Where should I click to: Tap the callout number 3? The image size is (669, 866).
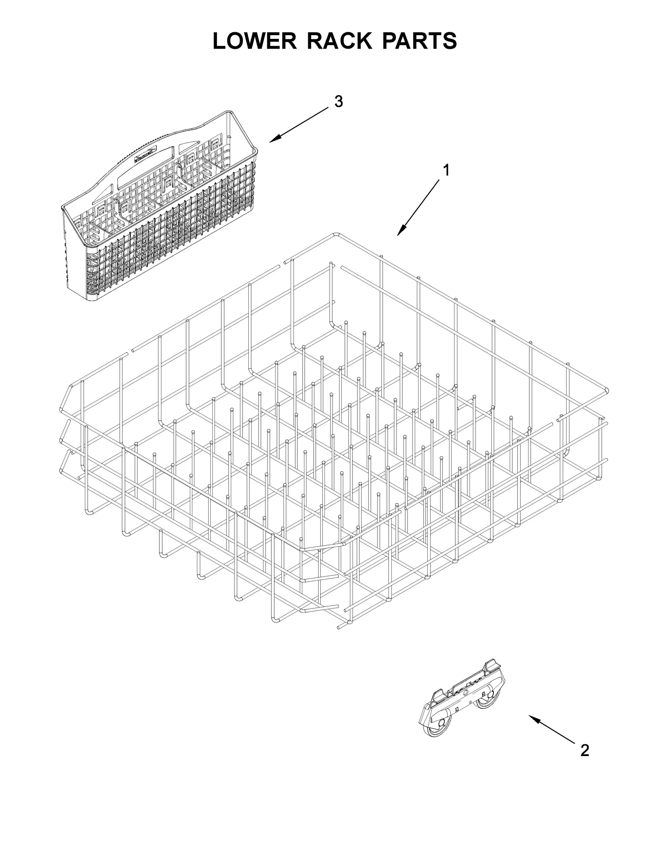coord(338,101)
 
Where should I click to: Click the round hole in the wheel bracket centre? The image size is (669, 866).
coord(465,692)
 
